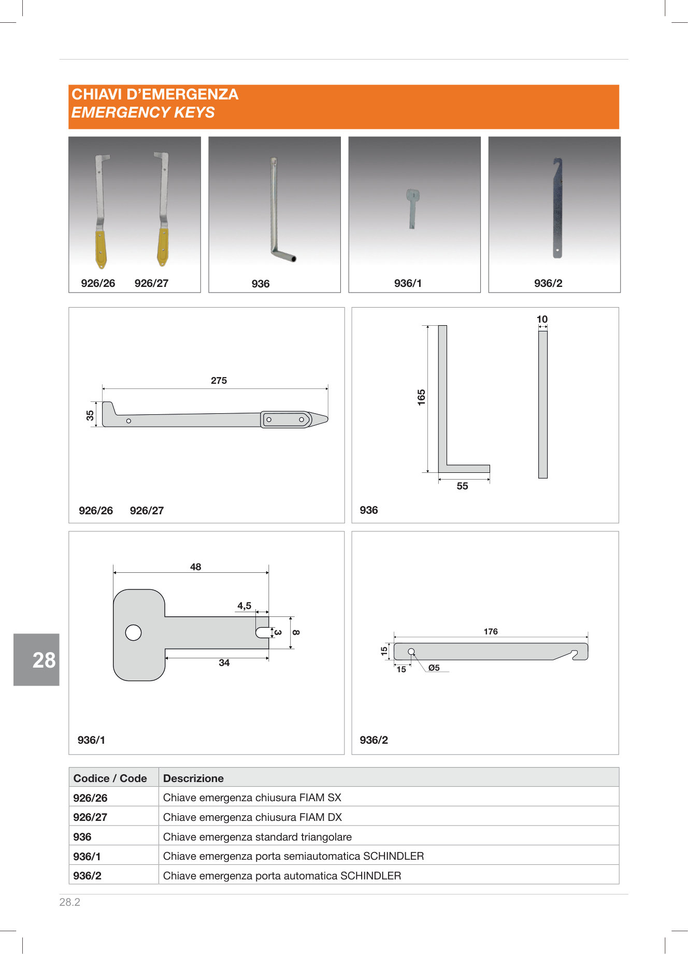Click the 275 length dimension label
219,381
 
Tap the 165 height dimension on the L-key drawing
421,397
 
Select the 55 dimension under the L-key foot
462,486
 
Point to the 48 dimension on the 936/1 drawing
195,567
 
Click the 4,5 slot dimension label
245,606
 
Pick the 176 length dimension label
491,632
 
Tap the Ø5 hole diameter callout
434,668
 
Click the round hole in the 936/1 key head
133,633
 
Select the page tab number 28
44,660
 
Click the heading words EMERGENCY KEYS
143,112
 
